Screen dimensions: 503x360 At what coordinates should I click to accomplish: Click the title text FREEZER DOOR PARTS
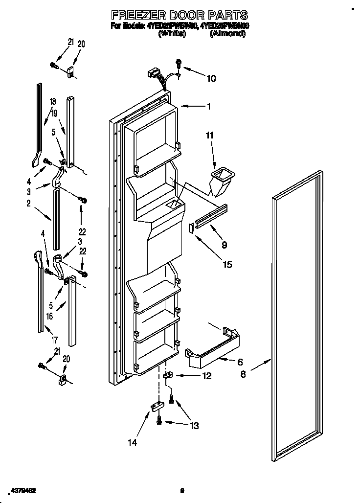180,15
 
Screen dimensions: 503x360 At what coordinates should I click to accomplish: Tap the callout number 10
211,78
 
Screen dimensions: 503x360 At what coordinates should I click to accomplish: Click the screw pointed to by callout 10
179,64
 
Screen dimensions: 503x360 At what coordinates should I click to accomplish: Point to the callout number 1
208,106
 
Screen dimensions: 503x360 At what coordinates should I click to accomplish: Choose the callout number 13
194,426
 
